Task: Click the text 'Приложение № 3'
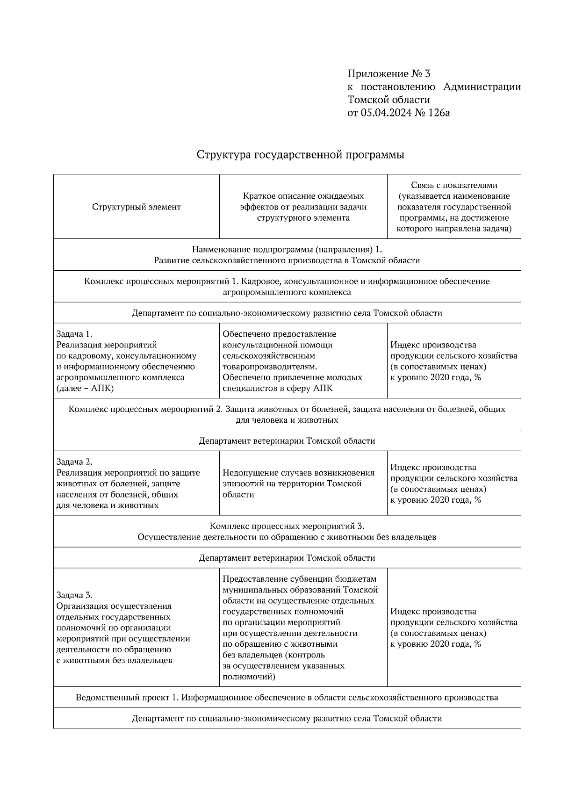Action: (x=388, y=74)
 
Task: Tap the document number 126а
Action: (x=439, y=113)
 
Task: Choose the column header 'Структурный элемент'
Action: (x=136, y=207)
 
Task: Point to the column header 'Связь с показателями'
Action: (x=454, y=185)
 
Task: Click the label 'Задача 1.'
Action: (x=75, y=334)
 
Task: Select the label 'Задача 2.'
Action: (x=75, y=462)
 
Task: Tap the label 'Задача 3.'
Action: (x=75, y=595)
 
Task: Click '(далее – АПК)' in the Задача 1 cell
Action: (x=85, y=389)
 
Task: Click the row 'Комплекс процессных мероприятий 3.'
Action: (x=287, y=526)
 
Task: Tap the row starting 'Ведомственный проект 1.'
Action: (x=287, y=698)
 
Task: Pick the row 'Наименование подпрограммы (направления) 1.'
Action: (x=287, y=250)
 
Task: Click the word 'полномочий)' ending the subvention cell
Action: (x=249, y=676)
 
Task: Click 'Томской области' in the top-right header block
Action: (x=388, y=100)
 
